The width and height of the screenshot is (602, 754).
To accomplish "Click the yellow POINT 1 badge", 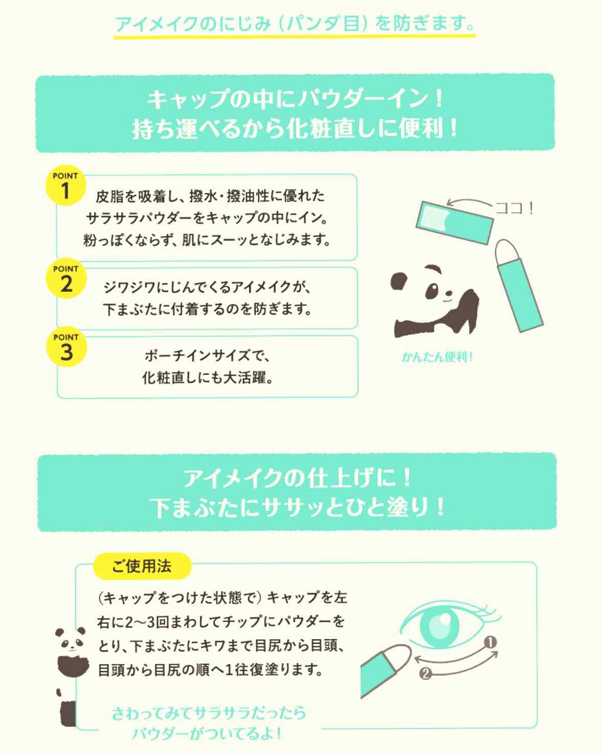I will coord(65,186).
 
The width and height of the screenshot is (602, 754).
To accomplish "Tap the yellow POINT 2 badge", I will coord(65,279).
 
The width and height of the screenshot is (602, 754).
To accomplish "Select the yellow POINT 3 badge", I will coord(65,348).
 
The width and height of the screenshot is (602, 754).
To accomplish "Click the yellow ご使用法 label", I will coord(142,566).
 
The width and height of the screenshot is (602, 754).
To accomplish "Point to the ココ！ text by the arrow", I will coord(514,208).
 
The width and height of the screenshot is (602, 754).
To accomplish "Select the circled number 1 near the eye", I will coord(491,642).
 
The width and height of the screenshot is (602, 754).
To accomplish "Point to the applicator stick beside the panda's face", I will coord(517,285).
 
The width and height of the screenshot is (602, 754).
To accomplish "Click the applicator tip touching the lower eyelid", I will coord(400,653).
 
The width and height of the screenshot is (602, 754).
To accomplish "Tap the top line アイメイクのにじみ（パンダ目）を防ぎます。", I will coord(295,24).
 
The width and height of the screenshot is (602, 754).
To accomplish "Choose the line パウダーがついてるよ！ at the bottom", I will coord(207,733).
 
